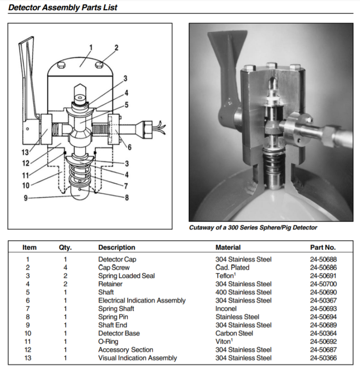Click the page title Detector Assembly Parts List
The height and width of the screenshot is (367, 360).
[63, 7]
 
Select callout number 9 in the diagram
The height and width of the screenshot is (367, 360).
[26, 197]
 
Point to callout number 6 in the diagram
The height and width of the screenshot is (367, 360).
[129, 147]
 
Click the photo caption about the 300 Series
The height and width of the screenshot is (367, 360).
[253, 228]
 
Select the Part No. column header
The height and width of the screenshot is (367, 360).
[323, 247]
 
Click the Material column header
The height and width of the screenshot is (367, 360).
[228, 247]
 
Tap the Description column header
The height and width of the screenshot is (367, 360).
[117, 247]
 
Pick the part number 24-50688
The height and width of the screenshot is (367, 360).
[323, 260]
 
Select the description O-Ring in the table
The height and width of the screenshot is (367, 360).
[109, 342]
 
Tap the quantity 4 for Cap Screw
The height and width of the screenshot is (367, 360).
[65, 268]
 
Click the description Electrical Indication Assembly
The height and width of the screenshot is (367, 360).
[142, 300]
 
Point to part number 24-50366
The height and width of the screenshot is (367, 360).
[323, 358]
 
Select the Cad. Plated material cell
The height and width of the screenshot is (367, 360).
[232, 268]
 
